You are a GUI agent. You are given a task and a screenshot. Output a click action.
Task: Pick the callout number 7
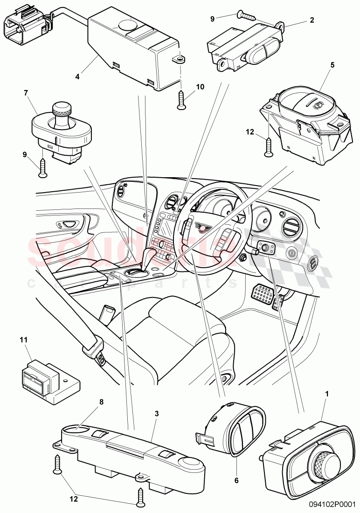point(27,94)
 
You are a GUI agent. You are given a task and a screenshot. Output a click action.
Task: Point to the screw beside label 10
point(181,100)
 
